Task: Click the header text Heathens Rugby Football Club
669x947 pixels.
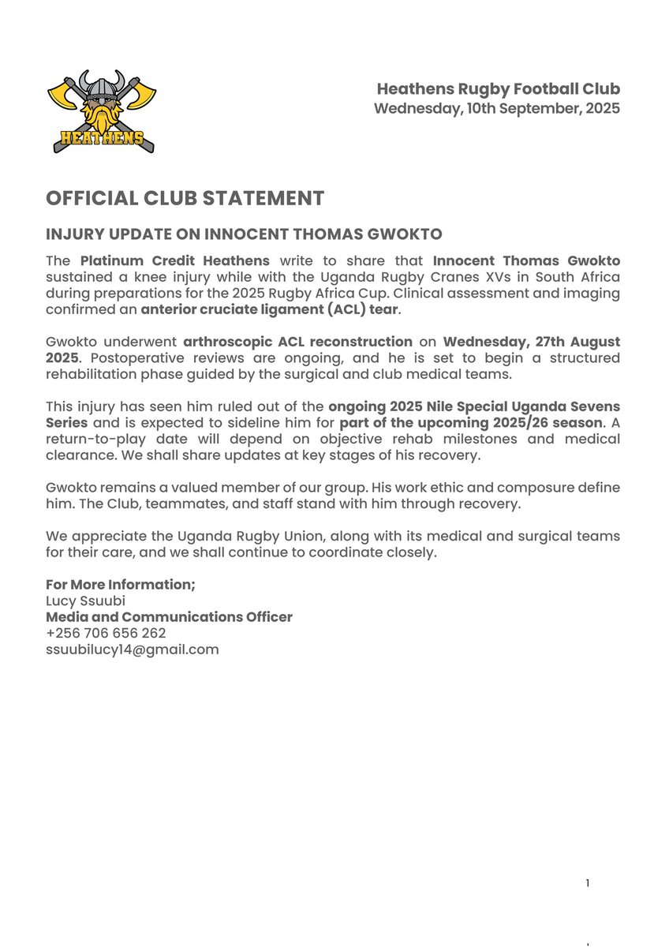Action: click(498, 89)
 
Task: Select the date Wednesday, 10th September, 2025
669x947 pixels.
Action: click(496, 109)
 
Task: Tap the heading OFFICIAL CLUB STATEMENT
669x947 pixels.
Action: click(185, 198)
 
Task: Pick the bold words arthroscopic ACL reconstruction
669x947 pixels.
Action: click(297, 342)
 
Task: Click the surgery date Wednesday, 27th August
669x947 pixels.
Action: click(531, 342)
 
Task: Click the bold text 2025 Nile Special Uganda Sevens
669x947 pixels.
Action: click(474, 406)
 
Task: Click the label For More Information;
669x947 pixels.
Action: click(121, 585)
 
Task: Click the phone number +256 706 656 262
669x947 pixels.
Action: click(106, 634)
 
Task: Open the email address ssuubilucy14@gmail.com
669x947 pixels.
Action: click(132, 649)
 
